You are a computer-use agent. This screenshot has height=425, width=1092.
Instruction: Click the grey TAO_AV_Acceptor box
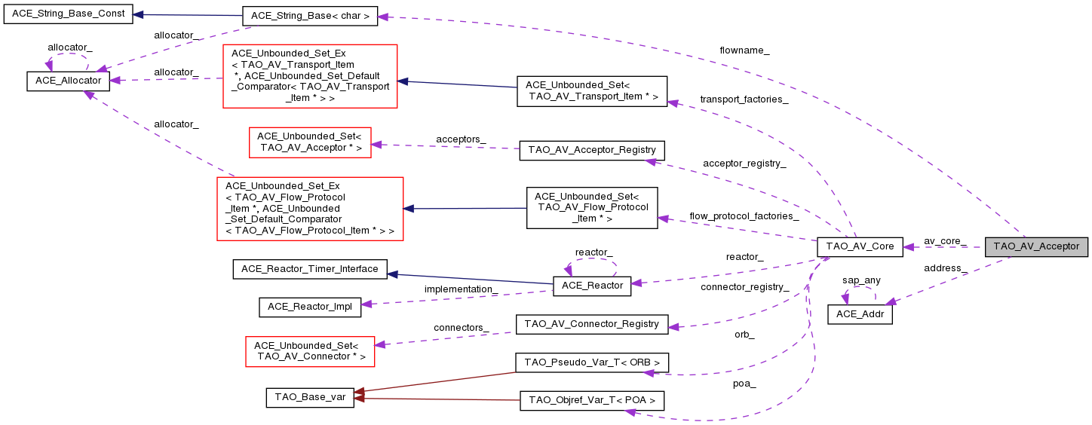[1036, 246]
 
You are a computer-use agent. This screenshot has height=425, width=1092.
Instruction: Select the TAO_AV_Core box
[860, 246]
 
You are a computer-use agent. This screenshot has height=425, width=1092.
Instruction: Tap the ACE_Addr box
[860, 314]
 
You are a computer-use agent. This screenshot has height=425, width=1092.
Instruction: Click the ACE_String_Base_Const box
[69, 14]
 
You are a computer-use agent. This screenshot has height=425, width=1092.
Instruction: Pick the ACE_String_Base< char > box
[309, 15]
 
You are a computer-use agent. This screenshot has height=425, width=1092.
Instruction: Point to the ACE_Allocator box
[69, 81]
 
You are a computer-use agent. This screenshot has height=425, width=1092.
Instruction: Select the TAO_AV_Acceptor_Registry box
[592, 150]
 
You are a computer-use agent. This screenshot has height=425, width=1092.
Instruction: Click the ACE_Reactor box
[591, 286]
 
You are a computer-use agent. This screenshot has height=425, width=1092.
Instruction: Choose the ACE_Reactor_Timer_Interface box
[310, 269]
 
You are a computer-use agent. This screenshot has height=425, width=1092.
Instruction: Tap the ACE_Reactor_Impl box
[310, 307]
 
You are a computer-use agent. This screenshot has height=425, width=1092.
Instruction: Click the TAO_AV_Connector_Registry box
[591, 324]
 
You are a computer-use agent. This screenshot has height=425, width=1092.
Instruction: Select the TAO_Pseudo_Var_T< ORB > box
[591, 362]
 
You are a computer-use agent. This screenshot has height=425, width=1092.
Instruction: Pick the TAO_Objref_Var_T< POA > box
[591, 400]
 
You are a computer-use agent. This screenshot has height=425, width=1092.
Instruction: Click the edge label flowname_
[744, 50]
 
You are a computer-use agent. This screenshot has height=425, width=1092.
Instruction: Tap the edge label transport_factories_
[744, 99]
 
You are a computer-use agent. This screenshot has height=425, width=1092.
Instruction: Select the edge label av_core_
[945, 241]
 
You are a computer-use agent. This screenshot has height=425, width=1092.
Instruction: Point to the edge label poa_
[744, 384]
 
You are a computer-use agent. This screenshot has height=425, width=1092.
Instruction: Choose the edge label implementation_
[461, 289]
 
